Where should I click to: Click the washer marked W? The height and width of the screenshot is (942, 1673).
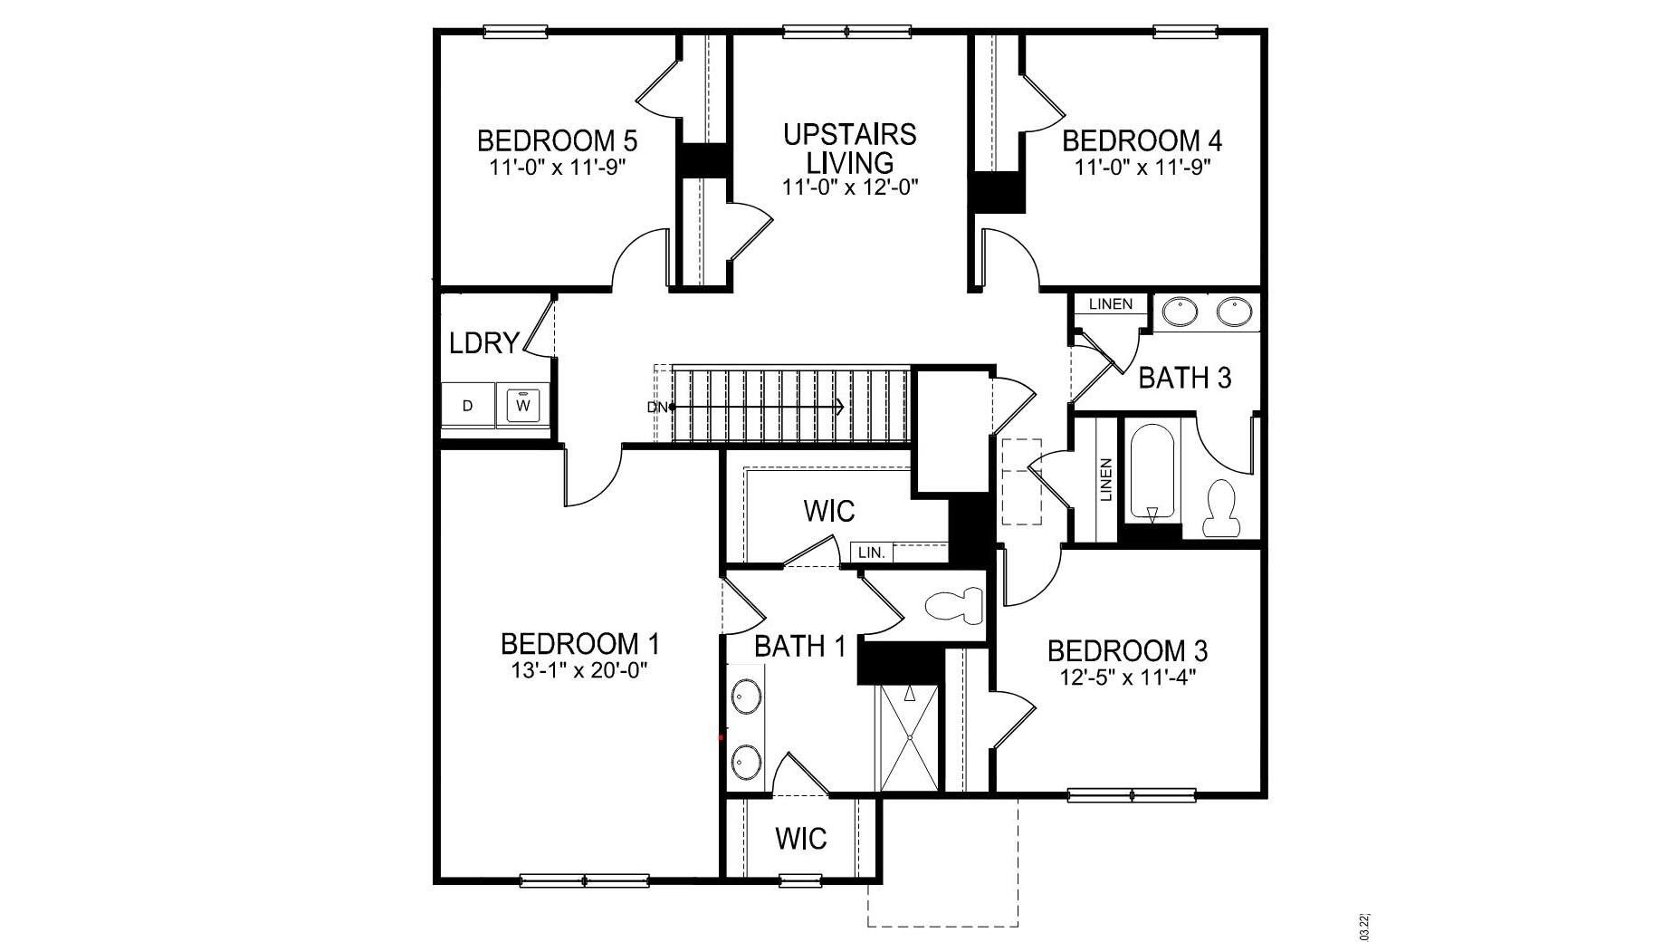(522, 405)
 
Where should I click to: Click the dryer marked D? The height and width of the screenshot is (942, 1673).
(467, 405)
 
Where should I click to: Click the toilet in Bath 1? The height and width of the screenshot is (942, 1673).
(954, 604)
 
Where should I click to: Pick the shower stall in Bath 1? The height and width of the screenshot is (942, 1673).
(909, 738)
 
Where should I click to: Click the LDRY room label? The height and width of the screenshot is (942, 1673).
(484, 343)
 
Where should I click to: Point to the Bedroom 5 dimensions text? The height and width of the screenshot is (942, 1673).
(558, 168)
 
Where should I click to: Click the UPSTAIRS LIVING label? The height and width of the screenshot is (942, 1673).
(849, 149)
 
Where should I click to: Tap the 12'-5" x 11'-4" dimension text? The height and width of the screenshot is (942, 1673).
(1127, 677)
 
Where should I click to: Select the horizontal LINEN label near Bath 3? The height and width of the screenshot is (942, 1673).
(1110, 303)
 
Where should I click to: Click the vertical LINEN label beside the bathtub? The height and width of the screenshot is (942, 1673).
(1104, 480)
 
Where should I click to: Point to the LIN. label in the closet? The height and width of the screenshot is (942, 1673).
(871, 552)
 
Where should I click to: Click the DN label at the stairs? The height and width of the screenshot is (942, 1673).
(656, 408)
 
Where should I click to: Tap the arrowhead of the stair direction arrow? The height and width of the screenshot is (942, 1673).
(841, 408)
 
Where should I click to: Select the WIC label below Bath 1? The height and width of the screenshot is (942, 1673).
(800, 839)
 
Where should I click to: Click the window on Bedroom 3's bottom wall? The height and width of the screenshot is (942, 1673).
(1132, 796)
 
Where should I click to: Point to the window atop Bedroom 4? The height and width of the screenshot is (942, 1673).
(1187, 33)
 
